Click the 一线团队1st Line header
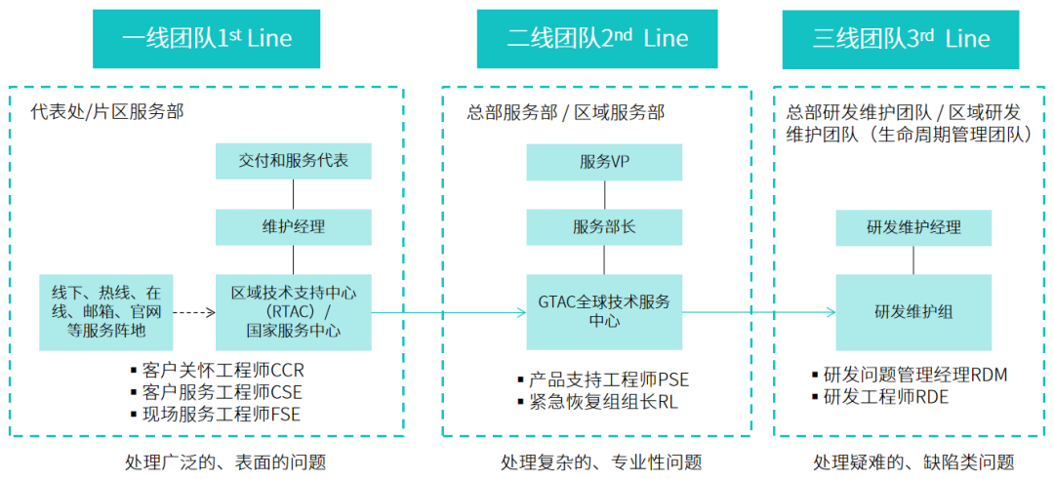click(x=207, y=39)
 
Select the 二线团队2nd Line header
click(x=597, y=39)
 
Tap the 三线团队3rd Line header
click(x=901, y=39)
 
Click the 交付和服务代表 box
click(x=294, y=161)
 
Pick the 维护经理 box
click(x=294, y=227)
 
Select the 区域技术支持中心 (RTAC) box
click(x=294, y=312)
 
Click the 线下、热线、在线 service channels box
click(x=106, y=312)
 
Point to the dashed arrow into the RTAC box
click(x=194, y=313)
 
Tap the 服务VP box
click(x=604, y=161)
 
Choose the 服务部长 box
click(x=604, y=227)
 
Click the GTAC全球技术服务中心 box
click(x=604, y=311)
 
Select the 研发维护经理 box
click(x=913, y=227)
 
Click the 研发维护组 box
click(x=913, y=312)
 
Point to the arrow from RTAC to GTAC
click(x=449, y=313)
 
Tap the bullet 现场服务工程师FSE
click(x=222, y=415)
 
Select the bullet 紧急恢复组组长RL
click(x=603, y=401)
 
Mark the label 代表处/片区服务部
click(x=107, y=112)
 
